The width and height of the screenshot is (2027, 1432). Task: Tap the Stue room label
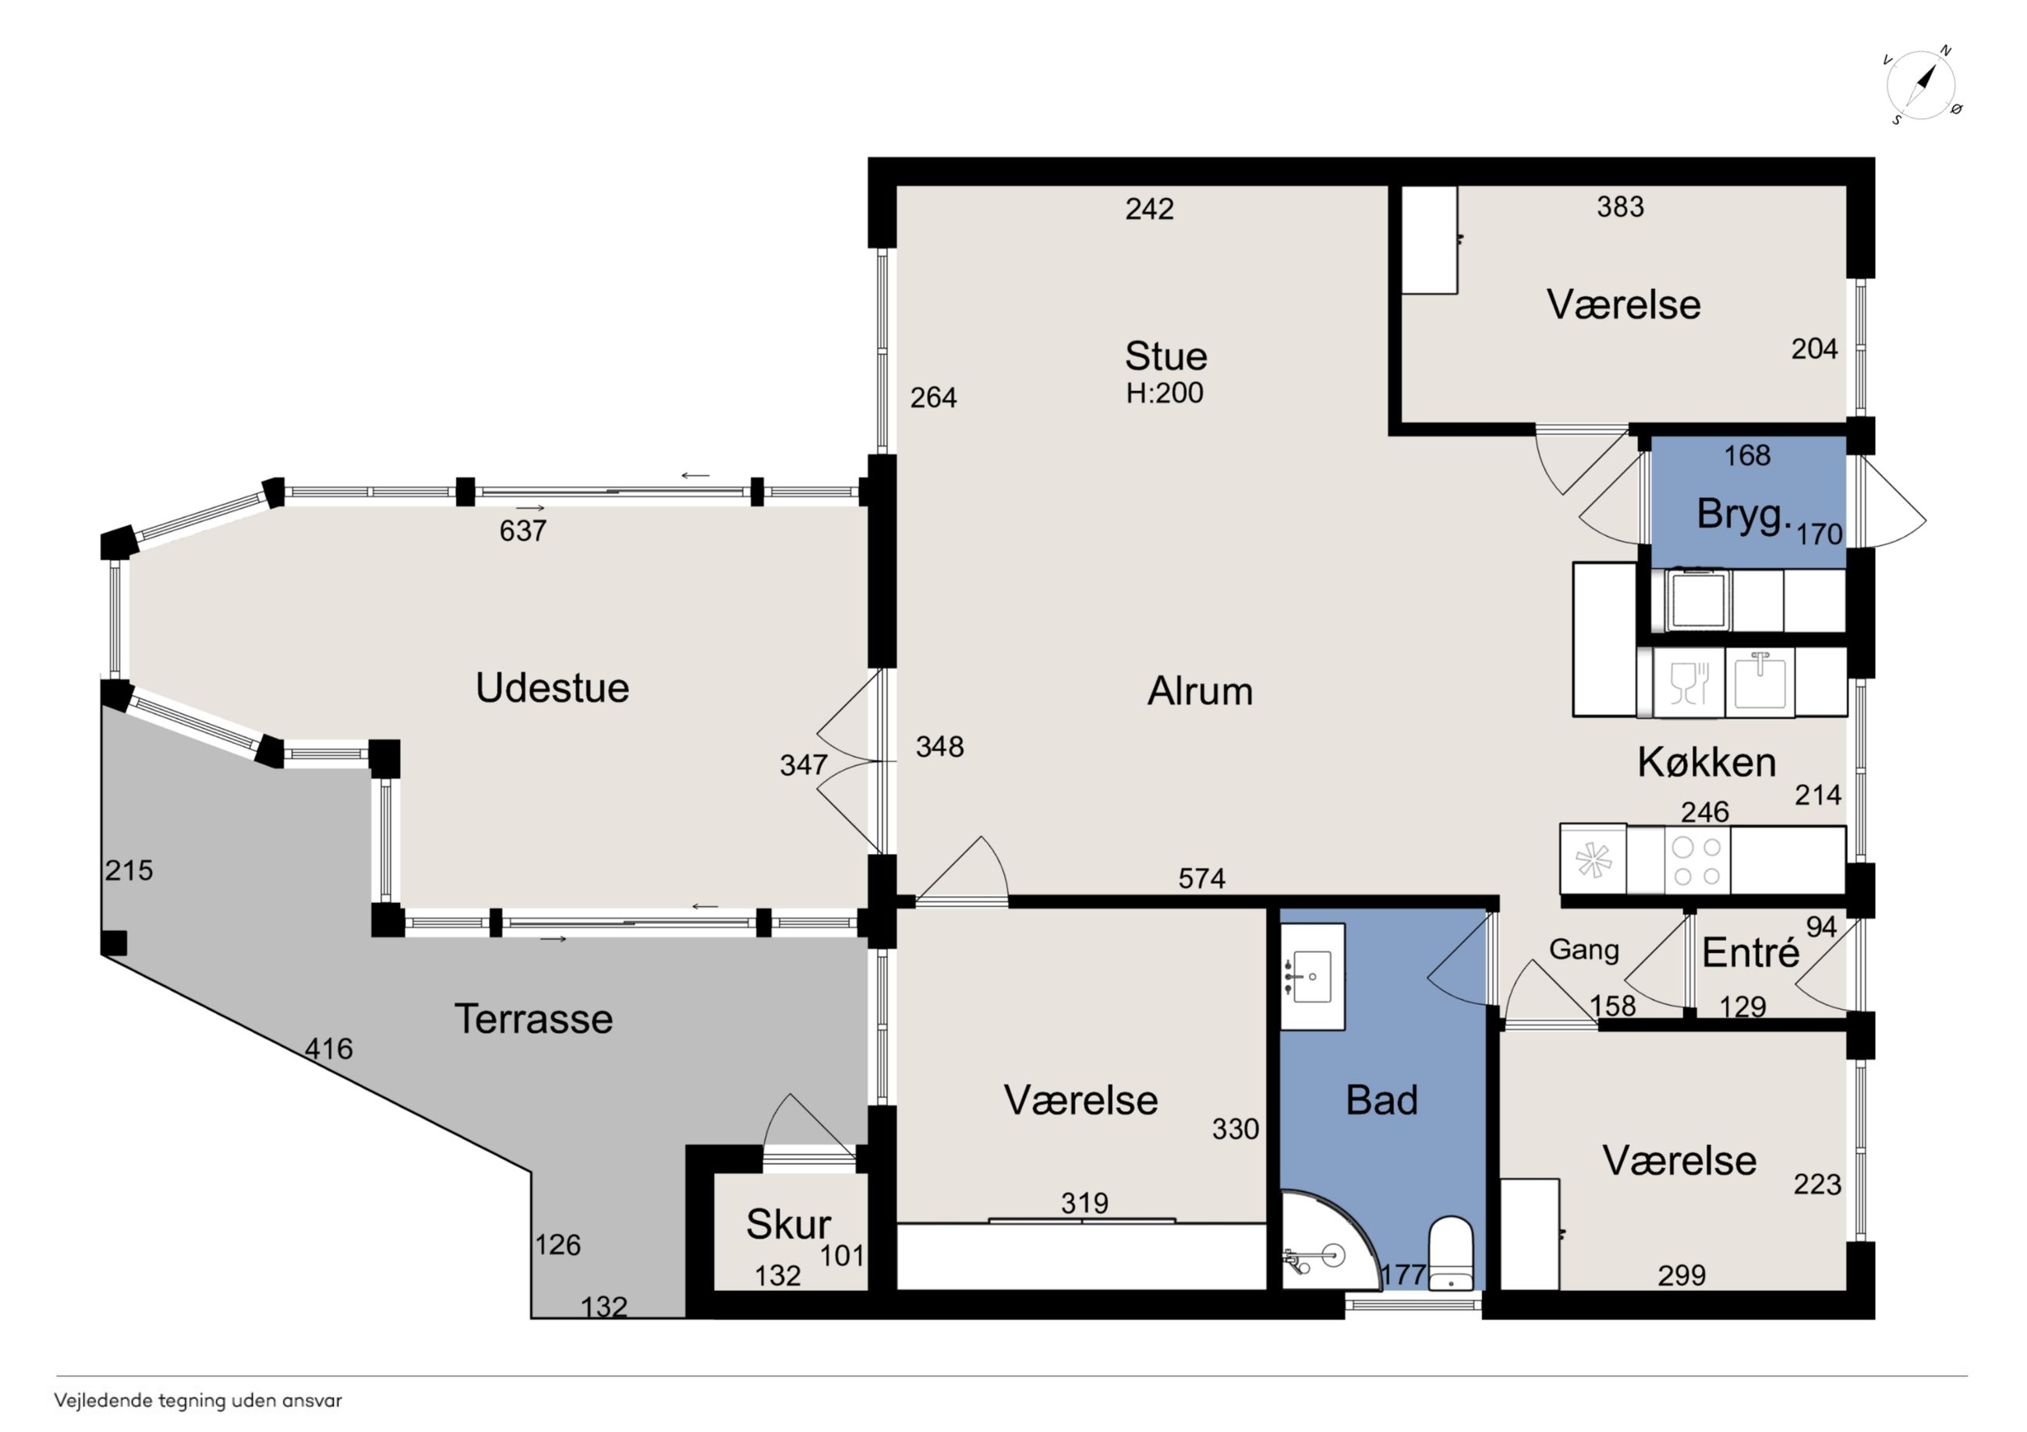[1166, 357]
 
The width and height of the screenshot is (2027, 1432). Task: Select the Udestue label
[553, 688]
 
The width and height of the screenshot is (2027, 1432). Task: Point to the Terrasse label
[533, 1019]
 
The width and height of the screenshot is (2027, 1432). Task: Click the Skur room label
[788, 1224]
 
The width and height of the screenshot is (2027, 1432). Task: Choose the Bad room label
[1381, 1100]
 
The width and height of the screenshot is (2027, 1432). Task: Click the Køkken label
[1707, 762]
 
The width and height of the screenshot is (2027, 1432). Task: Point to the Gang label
[1584, 951]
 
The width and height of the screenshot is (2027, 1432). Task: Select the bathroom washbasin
[1313, 977]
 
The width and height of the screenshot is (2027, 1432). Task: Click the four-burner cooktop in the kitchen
[1696, 861]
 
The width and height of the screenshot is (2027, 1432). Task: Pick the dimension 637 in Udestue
[522, 531]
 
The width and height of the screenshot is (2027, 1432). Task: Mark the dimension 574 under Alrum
[1201, 879]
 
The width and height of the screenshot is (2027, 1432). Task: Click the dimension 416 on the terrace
[328, 1049]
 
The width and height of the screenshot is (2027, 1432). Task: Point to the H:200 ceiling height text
[1165, 393]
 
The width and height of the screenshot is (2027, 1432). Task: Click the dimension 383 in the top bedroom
[1620, 207]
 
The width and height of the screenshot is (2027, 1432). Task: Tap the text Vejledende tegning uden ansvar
[198, 1401]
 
